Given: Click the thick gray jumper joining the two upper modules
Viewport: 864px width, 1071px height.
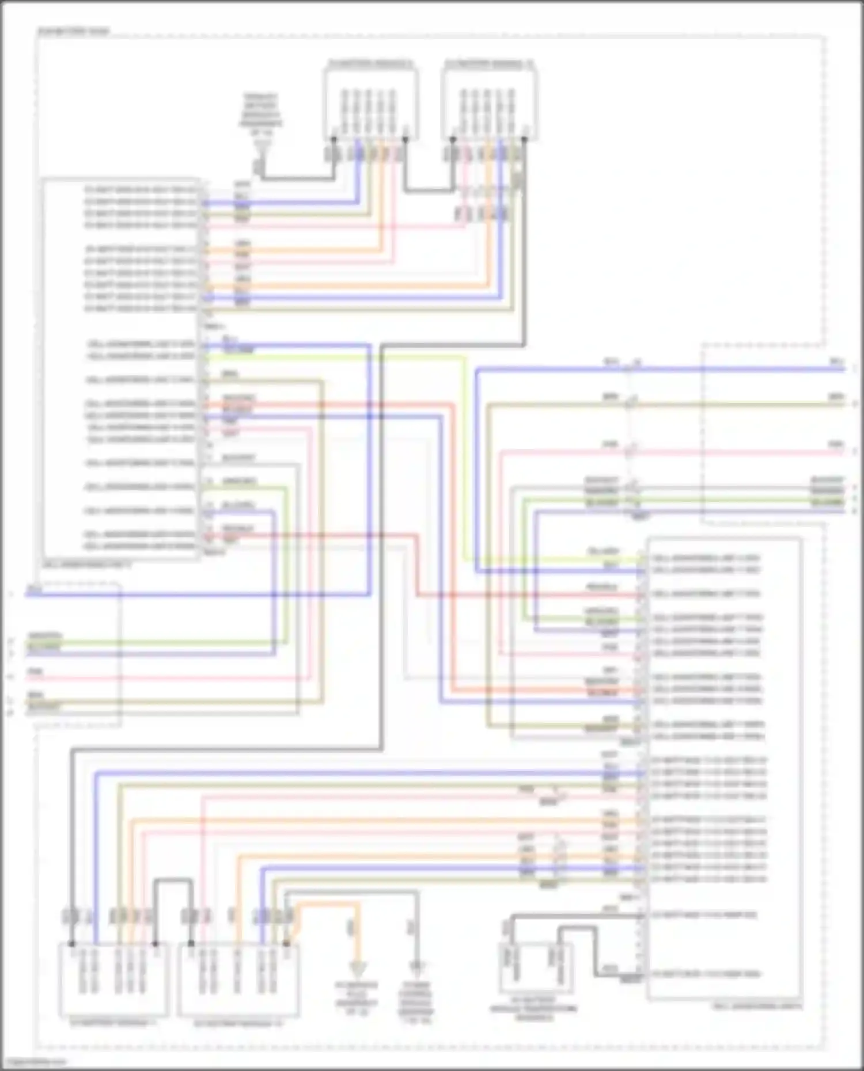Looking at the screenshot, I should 429,189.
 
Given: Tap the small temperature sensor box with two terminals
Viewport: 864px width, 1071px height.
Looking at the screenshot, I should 535,967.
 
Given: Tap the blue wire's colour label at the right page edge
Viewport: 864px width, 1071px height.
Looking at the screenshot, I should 836,361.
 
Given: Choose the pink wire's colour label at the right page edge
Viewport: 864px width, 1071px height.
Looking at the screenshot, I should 836,444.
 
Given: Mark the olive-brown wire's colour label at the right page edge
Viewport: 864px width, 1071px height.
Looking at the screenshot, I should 836,397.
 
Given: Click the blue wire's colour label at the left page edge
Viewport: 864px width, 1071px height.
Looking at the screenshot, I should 35,589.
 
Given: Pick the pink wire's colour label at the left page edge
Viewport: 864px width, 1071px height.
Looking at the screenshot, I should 35,672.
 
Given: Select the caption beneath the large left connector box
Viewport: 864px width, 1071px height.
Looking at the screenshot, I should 86,565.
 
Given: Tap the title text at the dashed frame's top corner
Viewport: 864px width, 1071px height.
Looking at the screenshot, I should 73,31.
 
